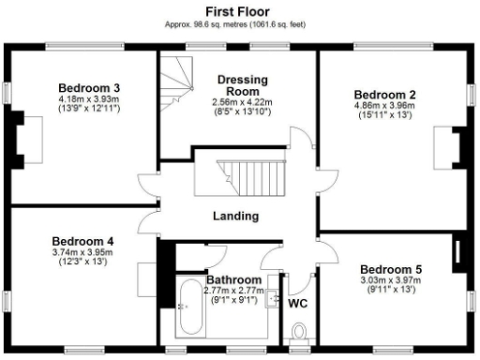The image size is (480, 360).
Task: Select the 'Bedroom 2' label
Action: click(x=384, y=95)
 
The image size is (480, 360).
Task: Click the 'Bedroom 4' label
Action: click(x=82, y=239)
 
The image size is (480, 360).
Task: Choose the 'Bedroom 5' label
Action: click(x=391, y=269)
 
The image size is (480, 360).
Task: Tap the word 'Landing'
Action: click(x=235, y=216)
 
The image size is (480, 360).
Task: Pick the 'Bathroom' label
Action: click(x=233, y=280)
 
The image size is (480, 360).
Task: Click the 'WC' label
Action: click(x=298, y=304)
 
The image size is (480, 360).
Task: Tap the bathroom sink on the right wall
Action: click(x=273, y=300)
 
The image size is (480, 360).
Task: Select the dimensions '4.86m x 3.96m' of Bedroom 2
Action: click(x=383, y=107)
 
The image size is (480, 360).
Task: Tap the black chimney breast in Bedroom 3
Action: click(x=16, y=138)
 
